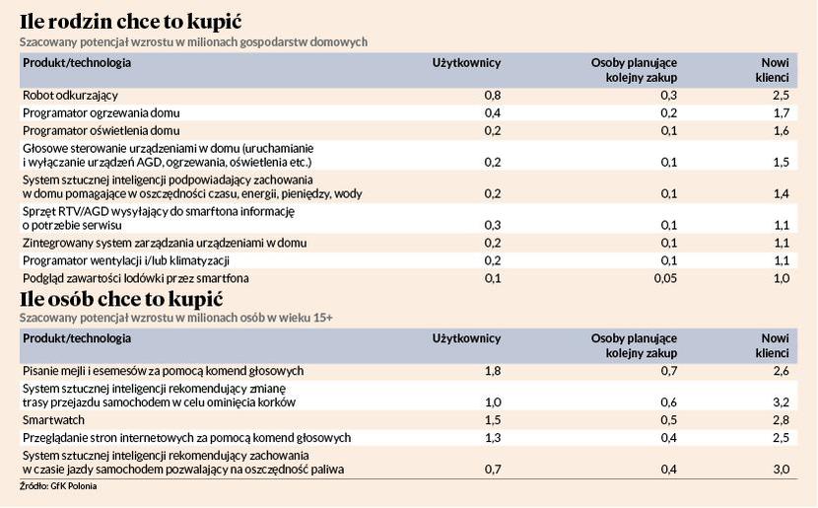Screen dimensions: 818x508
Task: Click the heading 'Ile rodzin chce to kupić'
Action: pos(131,22)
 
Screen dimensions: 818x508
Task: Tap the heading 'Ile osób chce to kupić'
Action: pos(121,299)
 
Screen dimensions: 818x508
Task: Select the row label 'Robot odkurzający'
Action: pos(70,96)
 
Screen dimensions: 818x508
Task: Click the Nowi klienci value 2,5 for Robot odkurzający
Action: pos(781,95)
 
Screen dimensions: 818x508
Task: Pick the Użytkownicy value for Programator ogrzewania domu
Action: pos(493,112)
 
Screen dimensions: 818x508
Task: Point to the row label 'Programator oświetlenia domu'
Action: pos(102,130)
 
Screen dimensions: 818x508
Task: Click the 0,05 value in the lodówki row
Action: pos(665,278)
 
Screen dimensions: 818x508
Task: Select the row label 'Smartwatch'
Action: pos(53,420)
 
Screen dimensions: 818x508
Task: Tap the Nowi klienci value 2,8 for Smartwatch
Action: pos(781,420)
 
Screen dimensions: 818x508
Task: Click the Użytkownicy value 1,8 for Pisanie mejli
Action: pos(493,371)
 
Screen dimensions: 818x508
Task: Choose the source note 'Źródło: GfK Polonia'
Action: pos(58,486)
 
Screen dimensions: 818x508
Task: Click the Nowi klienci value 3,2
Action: pos(781,402)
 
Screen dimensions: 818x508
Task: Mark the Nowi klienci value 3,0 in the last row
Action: pos(781,469)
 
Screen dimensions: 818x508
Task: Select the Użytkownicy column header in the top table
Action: pos(466,63)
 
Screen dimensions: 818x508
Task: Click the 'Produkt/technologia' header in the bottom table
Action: pos(77,338)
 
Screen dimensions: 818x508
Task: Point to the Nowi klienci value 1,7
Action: pos(781,112)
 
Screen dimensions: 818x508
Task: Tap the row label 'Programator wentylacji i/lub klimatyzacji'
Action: pos(126,260)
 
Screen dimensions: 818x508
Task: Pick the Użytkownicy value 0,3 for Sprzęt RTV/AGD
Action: pos(493,225)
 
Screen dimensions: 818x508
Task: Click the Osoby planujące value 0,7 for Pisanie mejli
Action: pos(669,371)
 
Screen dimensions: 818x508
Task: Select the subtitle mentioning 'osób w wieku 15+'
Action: pos(175,318)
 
